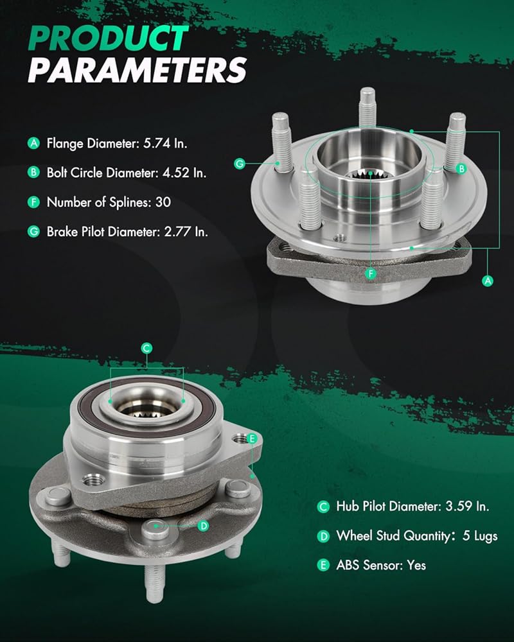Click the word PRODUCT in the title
(x=108, y=39)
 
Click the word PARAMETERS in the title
(x=137, y=71)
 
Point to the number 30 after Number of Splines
(x=163, y=202)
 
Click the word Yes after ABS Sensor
(x=416, y=565)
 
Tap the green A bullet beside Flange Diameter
(x=33, y=143)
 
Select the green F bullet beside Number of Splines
(x=33, y=202)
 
